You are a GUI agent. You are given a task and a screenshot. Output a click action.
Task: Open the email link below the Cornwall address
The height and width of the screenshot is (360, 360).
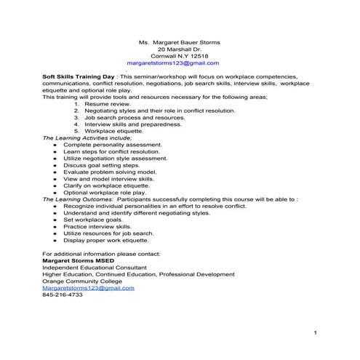pos(178,63)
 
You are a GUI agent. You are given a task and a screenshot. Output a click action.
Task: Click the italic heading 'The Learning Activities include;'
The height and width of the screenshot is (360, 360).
pos(87,137)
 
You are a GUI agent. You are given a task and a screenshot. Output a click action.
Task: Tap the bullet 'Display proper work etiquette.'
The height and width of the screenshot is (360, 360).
pos(107,240)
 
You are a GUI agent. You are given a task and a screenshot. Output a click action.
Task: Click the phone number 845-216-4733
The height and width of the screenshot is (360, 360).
pos(63,295)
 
